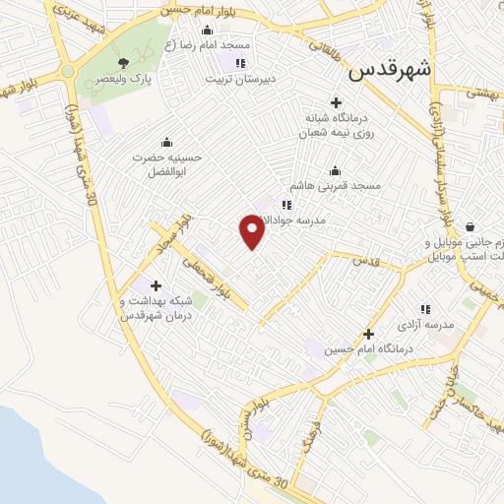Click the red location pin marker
coord(252,231)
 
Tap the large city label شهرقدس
coord(391,70)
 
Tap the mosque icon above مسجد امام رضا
coord(233,31)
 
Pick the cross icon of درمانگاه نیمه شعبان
coord(337,102)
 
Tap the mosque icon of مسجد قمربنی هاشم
coord(335,169)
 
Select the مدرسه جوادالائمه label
coord(325,220)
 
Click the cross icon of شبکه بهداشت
coord(155,285)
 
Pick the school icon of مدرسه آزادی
coord(425,309)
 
